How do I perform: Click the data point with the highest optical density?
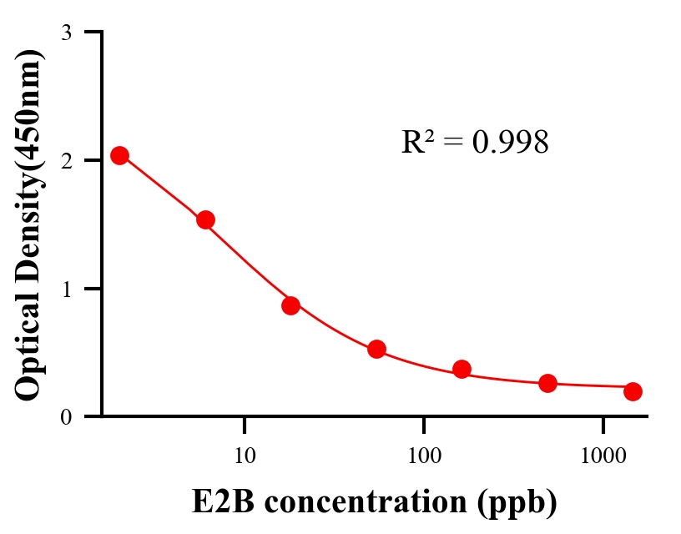(x=119, y=155)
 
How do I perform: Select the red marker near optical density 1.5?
(x=205, y=219)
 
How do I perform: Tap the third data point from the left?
(x=290, y=305)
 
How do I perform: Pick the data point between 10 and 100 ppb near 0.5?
(x=376, y=349)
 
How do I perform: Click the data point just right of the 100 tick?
(x=462, y=369)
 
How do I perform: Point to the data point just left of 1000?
(x=547, y=383)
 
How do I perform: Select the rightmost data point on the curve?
(x=633, y=391)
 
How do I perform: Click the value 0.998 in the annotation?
(x=510, y=143)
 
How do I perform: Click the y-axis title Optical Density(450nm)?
(x=29, y=224)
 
